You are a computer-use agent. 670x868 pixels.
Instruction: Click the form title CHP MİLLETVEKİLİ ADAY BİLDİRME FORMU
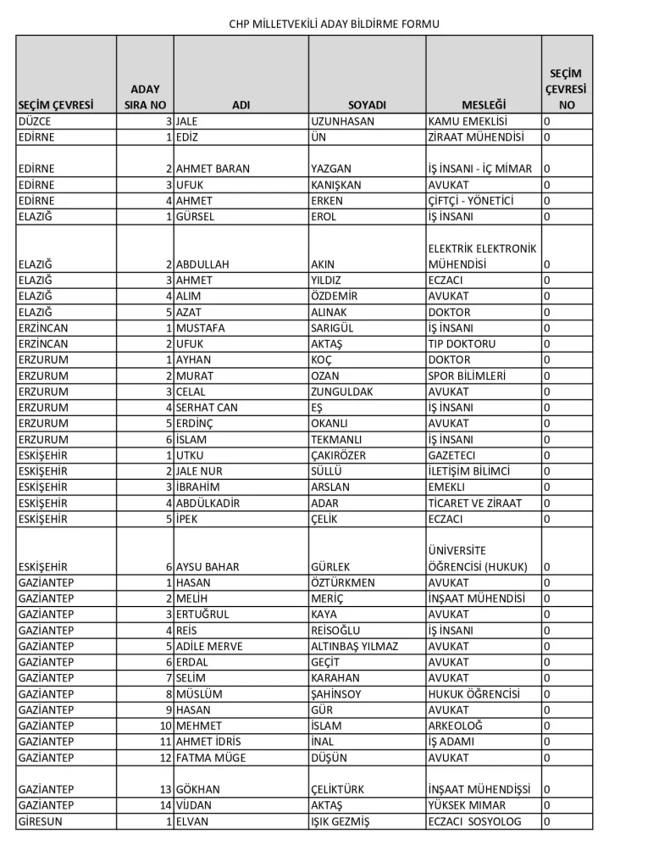(x=335, y=24)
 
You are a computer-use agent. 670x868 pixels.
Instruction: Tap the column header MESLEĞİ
(x=483, y=105)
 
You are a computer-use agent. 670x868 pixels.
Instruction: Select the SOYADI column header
(x=366, y=105)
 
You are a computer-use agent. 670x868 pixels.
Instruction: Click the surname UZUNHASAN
(x=343, y=121)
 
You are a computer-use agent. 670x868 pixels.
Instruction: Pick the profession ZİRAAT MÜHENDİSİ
(x=476, y=136)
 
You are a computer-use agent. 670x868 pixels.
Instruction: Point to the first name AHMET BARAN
(x=213, y=169)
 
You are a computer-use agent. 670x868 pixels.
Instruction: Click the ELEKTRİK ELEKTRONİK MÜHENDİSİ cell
(x=482, y=256)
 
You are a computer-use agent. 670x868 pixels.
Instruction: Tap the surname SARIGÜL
(x=335, y=328)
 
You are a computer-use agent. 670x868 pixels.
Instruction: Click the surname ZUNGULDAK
(x=342, y=392)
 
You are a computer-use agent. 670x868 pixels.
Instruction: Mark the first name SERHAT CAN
(x=207, y=408)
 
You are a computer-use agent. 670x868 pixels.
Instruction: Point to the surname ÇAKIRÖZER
(x=340, y=455)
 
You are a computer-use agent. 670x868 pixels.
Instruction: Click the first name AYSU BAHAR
(x=208, y=566)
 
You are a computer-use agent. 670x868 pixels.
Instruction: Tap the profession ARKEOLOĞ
(x=455, y=726)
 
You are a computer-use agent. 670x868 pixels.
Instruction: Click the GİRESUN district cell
(x=40, y=821)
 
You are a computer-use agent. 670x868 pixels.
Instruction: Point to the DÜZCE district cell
(x=35, y=121)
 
